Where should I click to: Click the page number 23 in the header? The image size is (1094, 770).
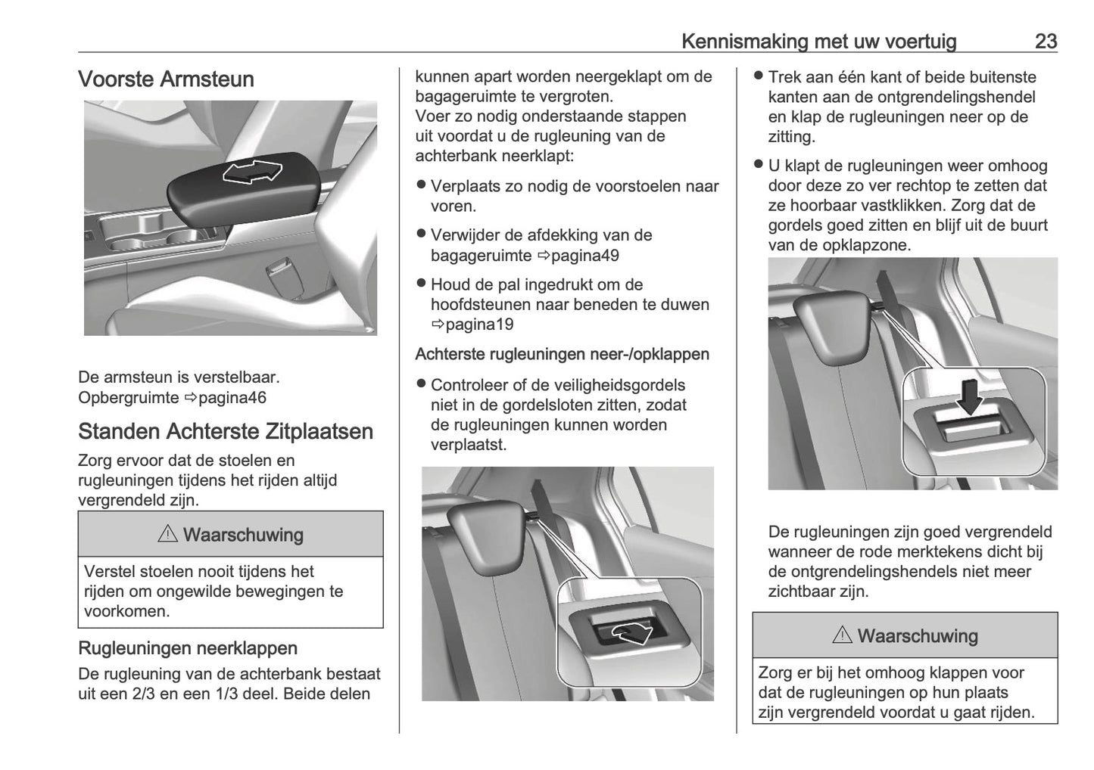click(1046, 41)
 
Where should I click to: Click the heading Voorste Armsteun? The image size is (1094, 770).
click(166, 79)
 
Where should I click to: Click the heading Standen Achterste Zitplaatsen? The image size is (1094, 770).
click(225, 431)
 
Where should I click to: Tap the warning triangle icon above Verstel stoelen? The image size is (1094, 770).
click(167, 534)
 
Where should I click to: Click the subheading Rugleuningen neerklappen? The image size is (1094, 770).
click(187, 648)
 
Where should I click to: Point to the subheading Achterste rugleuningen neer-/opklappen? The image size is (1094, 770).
click(562, 354)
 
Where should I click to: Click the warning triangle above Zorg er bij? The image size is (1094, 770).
click(842, 635)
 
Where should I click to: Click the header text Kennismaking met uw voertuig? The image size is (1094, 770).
click(818, 41)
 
